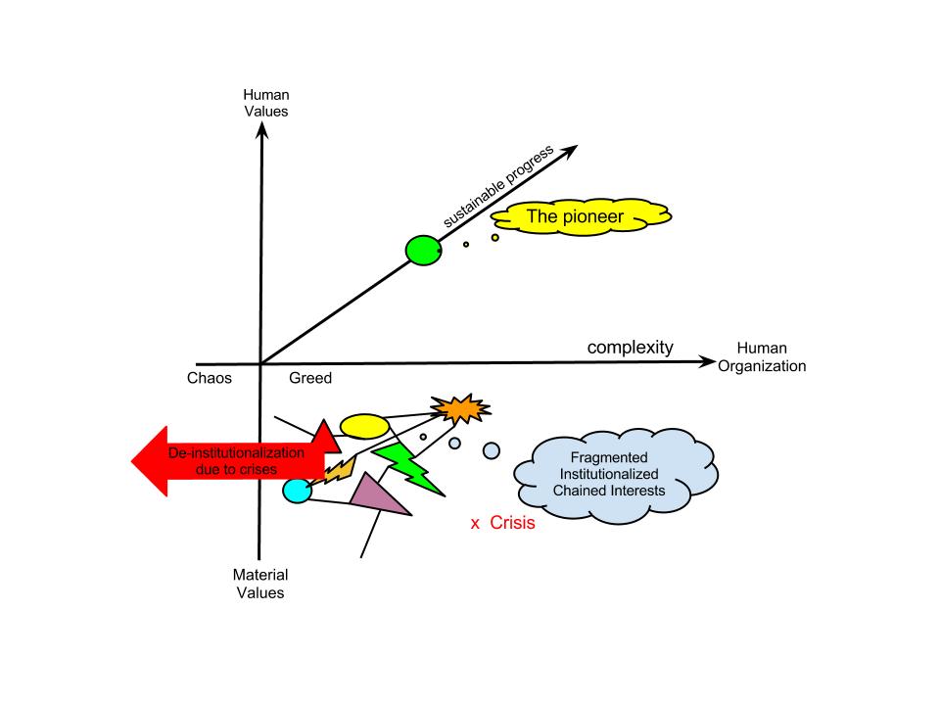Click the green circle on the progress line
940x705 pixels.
(423, 251)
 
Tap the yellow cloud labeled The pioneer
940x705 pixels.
(579, 216)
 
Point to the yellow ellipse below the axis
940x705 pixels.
(364, 426)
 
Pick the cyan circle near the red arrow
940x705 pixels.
(297, 489)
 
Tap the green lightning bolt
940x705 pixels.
(405, 465)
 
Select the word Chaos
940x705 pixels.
(210, 379)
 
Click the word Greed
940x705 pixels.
(311, 379)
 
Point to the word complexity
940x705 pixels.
(631, 348)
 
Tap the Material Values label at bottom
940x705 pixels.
(259, 584)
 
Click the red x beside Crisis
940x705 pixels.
(475, 524)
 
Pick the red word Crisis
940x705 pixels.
(512, 523)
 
